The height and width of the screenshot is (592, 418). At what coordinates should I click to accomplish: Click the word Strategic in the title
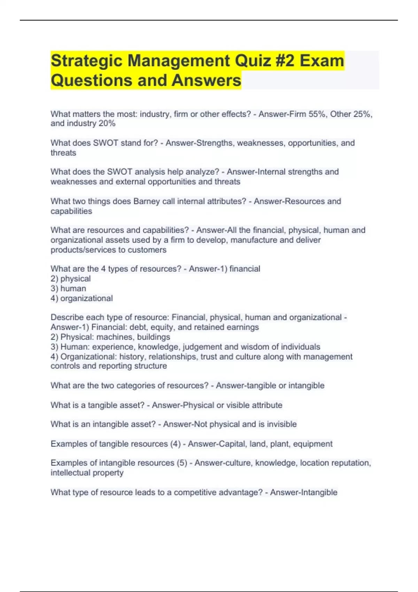coord(86,61)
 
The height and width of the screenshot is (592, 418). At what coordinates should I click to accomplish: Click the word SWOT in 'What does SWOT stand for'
coord(106,143)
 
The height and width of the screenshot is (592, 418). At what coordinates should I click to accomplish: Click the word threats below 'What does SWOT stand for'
coord(63,153)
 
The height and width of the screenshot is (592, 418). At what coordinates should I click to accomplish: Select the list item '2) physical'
coord(71,279)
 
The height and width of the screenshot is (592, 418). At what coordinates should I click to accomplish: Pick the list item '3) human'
coord(68,288)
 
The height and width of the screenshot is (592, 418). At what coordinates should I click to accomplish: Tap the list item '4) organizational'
coord(82,298)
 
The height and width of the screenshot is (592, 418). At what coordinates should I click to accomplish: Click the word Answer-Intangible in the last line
coord(304,492)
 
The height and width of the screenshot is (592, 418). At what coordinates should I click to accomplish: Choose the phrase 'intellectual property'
coord(87,473)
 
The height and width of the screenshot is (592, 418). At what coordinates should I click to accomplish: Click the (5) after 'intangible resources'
coord(182,463)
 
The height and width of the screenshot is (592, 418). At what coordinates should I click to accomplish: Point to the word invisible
coord(282,424)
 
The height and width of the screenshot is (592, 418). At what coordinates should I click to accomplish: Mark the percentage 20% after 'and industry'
coord(107,124)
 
